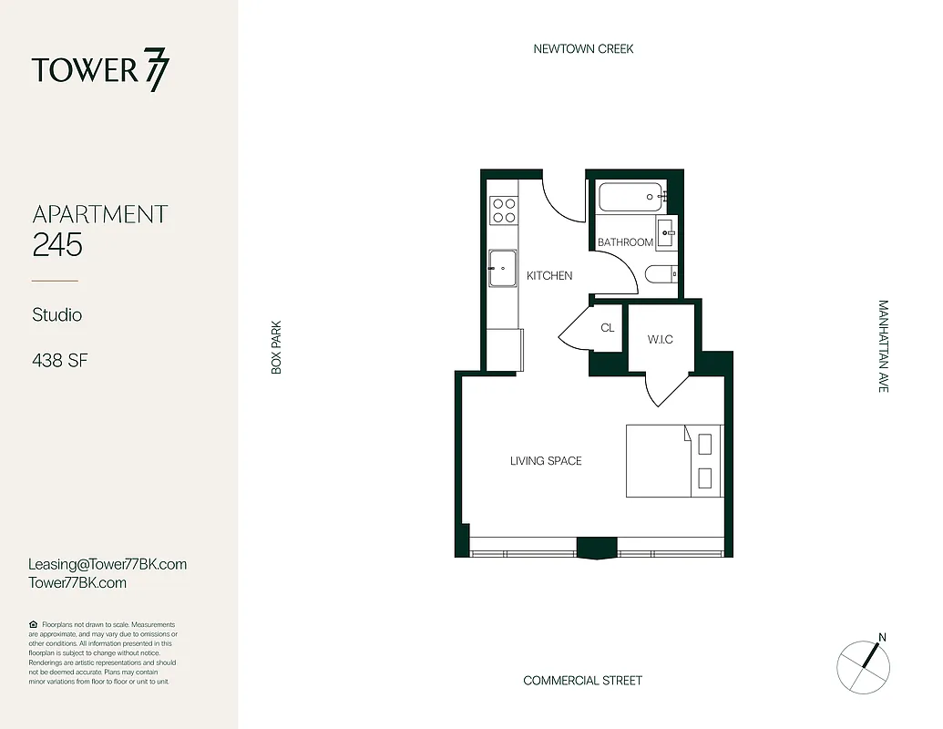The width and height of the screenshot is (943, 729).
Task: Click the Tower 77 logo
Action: point(100,71)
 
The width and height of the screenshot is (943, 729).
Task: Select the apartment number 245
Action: point(57,244)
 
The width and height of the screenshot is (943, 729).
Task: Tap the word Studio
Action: point(57,315)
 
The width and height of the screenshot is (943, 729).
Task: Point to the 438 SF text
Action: point(59,361)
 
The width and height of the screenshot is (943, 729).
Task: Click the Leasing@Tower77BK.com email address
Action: point(108,564)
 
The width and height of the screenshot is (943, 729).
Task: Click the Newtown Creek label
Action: point(583,48)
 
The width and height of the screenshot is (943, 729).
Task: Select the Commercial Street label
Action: point(582,681)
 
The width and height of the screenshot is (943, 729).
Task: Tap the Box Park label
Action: point(276,346)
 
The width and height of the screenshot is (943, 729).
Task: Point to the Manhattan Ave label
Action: point(882,346)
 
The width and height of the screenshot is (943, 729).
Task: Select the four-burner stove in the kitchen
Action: point(503,211)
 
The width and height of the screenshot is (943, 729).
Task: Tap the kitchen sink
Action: point(503,268)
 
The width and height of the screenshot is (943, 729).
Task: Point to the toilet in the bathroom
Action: point(659,274)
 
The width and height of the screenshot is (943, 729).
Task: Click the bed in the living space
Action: point(673,461)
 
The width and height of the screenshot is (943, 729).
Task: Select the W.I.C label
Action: point(660,340)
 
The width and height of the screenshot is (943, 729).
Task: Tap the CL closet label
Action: point(608,328)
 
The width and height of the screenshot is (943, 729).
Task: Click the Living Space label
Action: point(545,461)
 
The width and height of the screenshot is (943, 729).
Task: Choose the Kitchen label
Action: point(549,275)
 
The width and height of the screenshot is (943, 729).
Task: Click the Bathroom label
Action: point(625,242)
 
